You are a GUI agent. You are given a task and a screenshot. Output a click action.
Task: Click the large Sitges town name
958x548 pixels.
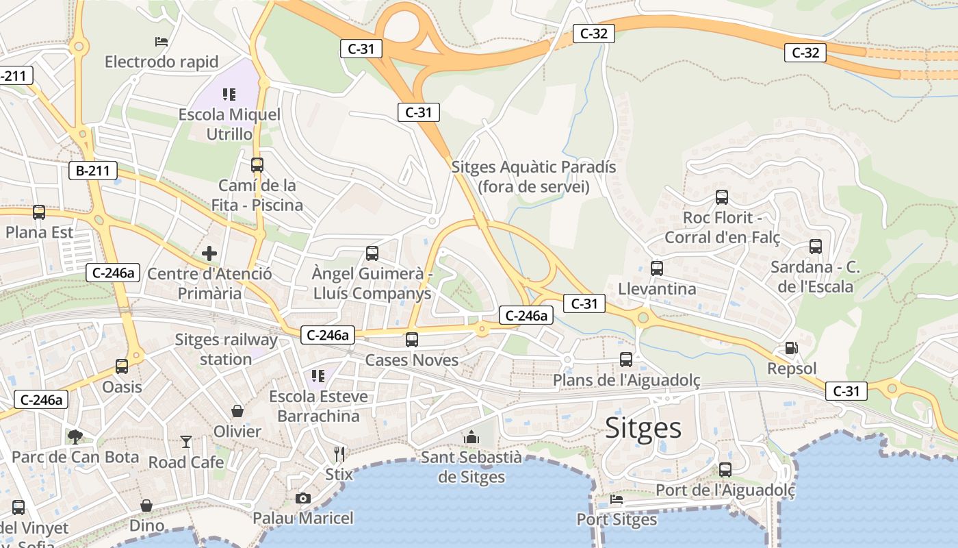pos(643,428)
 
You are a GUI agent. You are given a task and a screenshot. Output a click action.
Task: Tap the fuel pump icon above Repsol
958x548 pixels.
pos(792,348)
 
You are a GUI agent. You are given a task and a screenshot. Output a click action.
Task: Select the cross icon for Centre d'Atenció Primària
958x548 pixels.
pos(209,253)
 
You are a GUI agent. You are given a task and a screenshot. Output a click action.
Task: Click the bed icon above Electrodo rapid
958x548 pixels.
pos(161,42)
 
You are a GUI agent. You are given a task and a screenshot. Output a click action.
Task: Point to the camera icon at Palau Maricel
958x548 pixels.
pos(302,498)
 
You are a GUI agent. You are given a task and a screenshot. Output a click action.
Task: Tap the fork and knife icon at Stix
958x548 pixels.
pos(339,453)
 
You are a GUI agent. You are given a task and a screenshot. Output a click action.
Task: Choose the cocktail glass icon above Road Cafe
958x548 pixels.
pos(186,441)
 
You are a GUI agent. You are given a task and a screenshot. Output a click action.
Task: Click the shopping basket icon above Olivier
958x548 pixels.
pos(237,411)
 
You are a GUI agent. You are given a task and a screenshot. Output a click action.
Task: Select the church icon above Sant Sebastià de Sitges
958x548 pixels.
pos(471,437)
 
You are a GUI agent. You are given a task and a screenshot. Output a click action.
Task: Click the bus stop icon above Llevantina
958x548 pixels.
pos(657,268)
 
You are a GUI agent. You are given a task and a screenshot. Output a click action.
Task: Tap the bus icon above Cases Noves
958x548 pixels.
pos(412,339)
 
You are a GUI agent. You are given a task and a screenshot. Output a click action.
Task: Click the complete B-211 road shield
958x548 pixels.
pos(93,171)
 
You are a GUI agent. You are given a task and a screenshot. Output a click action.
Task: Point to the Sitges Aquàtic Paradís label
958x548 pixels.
pos(534,177)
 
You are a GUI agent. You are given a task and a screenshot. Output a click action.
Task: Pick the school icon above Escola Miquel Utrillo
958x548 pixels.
pos(229,94)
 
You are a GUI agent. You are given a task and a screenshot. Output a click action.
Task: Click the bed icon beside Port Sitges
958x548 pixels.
pos(617,499)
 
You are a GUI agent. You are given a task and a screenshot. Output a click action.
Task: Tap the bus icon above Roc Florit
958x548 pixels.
pos(722,197)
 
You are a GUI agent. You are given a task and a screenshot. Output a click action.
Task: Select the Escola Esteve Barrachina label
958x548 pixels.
pos(318,406)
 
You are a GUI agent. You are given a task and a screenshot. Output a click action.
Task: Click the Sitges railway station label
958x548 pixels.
pos(226,349)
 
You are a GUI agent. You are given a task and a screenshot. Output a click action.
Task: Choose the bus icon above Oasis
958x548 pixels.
pos(122,366)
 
